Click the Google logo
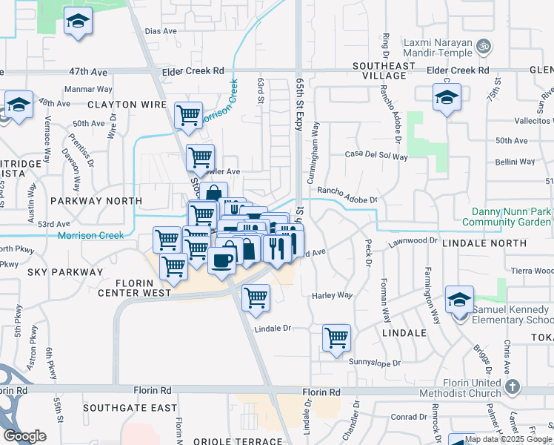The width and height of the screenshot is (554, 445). point(25,436)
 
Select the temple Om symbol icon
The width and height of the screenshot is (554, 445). point(484,46)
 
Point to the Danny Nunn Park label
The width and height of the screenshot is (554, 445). point(507,211)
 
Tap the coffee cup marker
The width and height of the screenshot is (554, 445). point(221,260)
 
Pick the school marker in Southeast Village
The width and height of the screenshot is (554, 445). point(447,97)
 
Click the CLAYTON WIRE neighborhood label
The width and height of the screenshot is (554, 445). point(127,105)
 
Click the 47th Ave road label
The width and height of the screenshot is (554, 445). point(89,72)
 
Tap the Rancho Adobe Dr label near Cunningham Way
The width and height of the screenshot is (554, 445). point(347,195)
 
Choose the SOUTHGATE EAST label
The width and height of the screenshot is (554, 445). point(130,408)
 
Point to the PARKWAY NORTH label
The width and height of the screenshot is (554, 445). point(96,201)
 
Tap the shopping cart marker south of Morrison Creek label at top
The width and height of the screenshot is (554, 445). point(188,115)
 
